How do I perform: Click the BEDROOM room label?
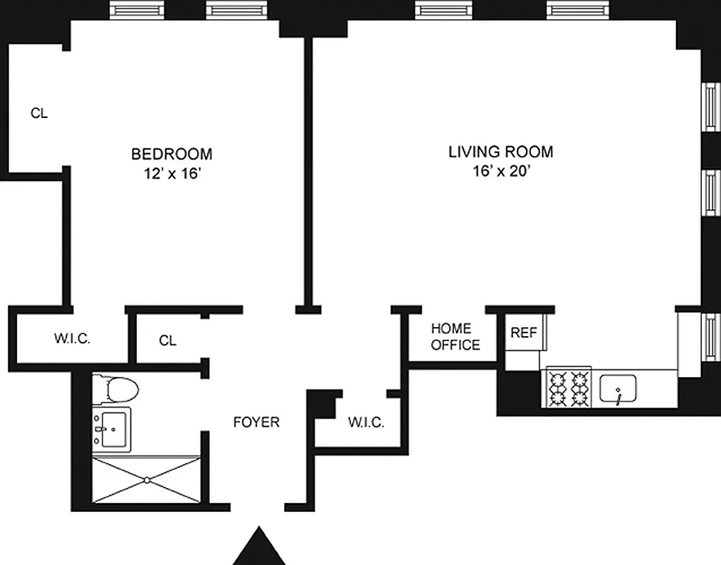tap(172, 153)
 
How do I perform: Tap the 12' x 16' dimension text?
tap(172, 173)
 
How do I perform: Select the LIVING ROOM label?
tap(501, 152)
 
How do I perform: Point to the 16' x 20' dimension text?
tap(501, 172)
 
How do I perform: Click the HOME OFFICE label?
tap(455, 337)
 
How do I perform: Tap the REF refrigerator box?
tap(523, 333)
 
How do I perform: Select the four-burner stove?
tap(569, 389)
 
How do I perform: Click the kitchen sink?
tap(619, 389)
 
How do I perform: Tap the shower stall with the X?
tap(146, 480)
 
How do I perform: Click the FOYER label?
tap(256, 422)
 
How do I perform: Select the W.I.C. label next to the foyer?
tap(366, 423)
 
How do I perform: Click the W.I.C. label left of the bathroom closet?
tap(72, 339)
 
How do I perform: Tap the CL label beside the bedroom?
tap(39, 113)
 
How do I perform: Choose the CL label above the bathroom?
tap(167, 340)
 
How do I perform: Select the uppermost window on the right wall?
tap(710, 107)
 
